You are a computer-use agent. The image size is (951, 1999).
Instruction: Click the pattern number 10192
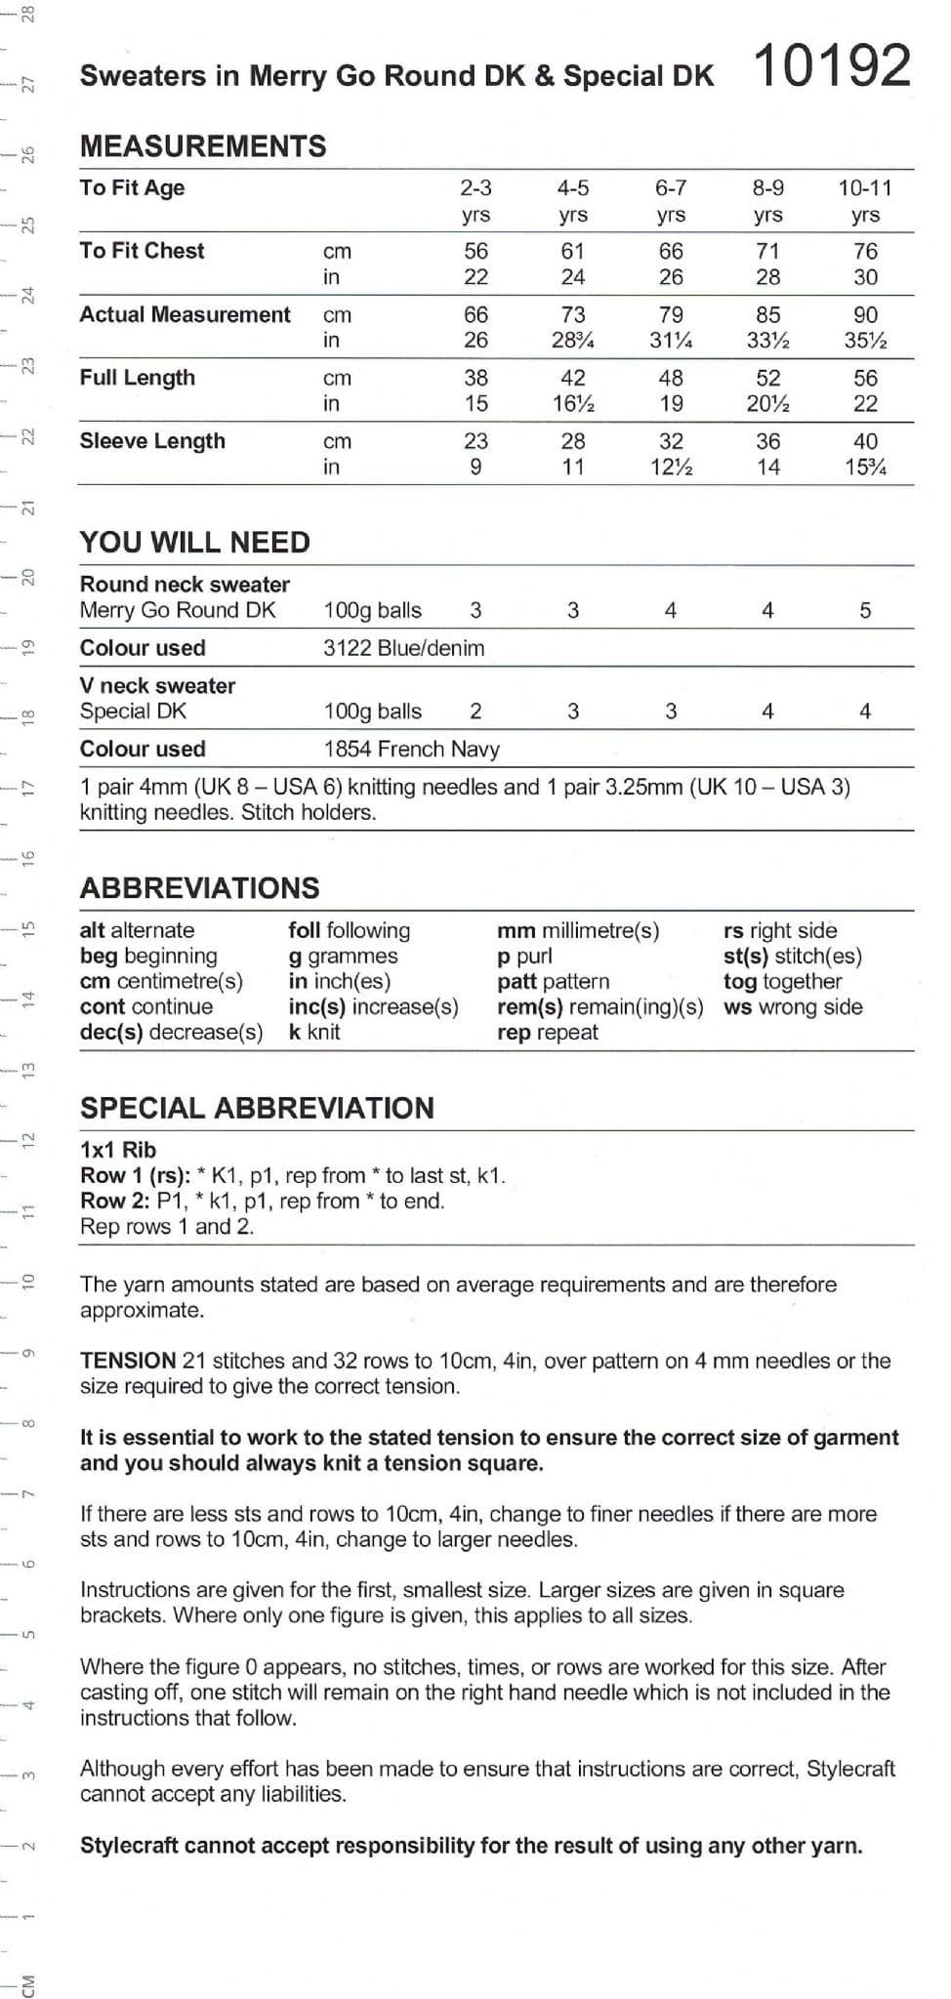(832, 66)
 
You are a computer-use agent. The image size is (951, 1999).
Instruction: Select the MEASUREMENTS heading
(203, 146)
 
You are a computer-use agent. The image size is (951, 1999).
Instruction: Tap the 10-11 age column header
(864, 188)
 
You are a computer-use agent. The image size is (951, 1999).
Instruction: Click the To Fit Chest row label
(142, 251)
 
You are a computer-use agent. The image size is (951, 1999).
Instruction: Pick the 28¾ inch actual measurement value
(573, 341)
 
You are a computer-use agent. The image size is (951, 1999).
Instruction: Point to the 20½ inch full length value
(767, 404)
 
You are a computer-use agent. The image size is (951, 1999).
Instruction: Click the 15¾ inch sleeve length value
(865, 468)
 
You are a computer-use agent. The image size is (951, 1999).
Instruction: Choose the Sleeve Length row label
(152, 441)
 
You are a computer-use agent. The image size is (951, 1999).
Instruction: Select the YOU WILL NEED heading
(195, 543)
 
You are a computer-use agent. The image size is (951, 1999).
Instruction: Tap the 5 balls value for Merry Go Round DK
(865, 611)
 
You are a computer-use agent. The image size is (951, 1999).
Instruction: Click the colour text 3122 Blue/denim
(403, 648)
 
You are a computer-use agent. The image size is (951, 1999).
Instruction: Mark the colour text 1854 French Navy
(411, 750)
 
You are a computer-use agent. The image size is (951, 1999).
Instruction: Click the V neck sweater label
(157, 686)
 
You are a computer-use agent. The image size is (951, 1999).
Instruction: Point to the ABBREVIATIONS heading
(200, 888)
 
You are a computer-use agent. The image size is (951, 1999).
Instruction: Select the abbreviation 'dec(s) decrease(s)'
(171, 1033)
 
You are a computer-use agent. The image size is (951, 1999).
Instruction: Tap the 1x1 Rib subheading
(118, 1150)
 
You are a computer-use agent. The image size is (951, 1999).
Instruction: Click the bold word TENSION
(128, 1361)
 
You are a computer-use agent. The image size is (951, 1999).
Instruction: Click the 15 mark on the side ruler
(28, 928)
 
